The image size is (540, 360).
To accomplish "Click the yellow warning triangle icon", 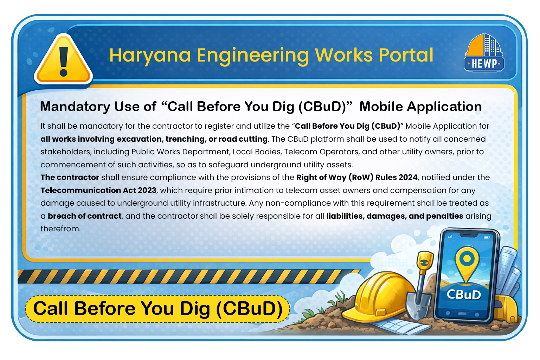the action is [x=63, y=60].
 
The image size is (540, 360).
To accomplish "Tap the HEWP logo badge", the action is [x=484, y=53].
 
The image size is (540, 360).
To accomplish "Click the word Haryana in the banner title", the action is [x=150, y=56].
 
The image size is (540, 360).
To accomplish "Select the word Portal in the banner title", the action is [x=406, y=55].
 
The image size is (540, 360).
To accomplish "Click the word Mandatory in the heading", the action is [x=75, y=107].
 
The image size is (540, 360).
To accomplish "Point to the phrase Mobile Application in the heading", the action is [x=421, y=107].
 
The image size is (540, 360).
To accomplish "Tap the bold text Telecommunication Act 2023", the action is [x=98, y=191].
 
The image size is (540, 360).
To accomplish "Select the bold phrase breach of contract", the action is [x=85, y=216].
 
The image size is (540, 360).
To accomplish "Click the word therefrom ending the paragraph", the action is [x=60, y=229].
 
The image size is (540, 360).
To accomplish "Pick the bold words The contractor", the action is [x=70, y=178].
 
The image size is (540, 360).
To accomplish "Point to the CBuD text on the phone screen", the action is [x=464, y=295].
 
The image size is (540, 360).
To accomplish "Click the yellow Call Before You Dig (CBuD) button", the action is [x=157, y=309].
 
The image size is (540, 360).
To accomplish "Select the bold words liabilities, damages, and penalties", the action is [x=395, y=216].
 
